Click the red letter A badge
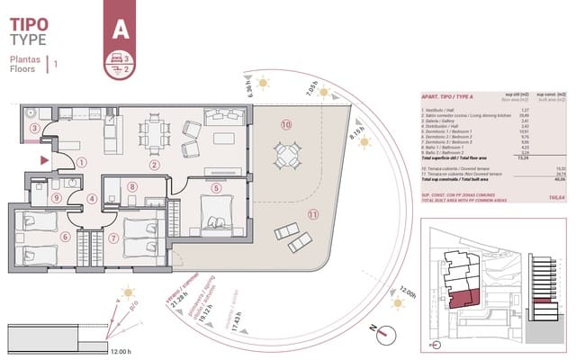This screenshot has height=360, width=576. tap(118, 28)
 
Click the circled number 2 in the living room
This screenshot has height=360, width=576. tap(154, 165)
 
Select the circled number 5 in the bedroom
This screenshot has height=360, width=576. tap(216, 188)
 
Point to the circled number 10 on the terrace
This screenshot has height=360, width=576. tap(285, 125)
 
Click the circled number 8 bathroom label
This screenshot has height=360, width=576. tap(132, 187)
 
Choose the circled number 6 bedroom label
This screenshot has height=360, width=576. tap(65, 238)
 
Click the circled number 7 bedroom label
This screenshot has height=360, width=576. tap(113, 238)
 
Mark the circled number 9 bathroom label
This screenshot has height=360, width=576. tap(56, 199)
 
